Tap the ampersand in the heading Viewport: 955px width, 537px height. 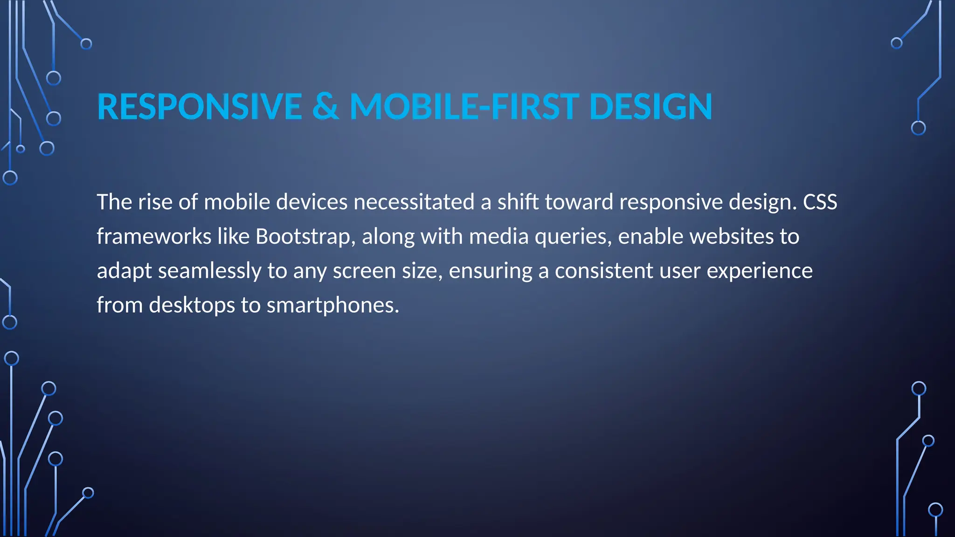click(x=325, y=107)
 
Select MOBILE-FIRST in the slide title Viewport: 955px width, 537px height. click(x=464, y=107)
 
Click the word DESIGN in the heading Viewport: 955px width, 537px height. click(x=651, y=107)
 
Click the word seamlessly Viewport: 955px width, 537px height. click(x=209, y=271)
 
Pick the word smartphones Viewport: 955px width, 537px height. click(x=332, y=305)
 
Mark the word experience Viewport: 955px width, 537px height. click(x=760, y=271)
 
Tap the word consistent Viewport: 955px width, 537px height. click(x=604, y=271)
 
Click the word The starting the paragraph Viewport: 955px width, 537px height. click(x=114, y=202)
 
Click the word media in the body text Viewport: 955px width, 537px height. click(x=498, y=236)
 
